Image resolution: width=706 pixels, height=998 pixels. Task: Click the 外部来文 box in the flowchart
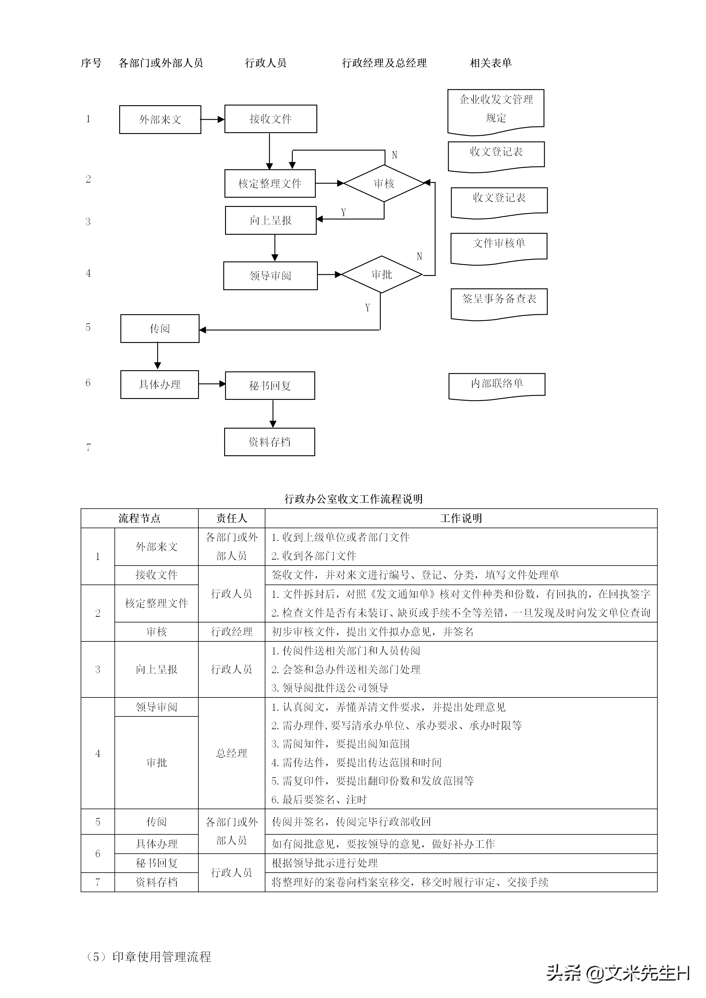160,119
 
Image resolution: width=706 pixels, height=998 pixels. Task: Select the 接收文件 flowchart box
270,119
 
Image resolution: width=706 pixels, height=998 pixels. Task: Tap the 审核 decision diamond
384,183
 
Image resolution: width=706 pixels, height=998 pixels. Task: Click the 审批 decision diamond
382,275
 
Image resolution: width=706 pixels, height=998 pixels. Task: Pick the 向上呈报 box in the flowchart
270,220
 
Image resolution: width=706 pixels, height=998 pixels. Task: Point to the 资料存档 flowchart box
270,442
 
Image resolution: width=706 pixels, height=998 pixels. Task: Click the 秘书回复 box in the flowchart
270,386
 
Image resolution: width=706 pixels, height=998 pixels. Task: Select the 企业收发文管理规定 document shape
495,109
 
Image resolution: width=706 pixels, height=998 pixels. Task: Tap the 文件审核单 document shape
499,246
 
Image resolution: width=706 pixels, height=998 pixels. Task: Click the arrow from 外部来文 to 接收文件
213,119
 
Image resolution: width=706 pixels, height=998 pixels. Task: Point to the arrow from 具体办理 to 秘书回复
212,384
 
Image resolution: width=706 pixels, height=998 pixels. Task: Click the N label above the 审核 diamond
394,155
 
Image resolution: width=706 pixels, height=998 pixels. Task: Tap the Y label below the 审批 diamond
367,308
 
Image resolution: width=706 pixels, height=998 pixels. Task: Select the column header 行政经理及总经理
384,63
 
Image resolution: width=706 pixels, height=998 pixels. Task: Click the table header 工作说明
461,518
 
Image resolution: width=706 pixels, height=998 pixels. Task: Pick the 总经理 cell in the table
231,753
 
